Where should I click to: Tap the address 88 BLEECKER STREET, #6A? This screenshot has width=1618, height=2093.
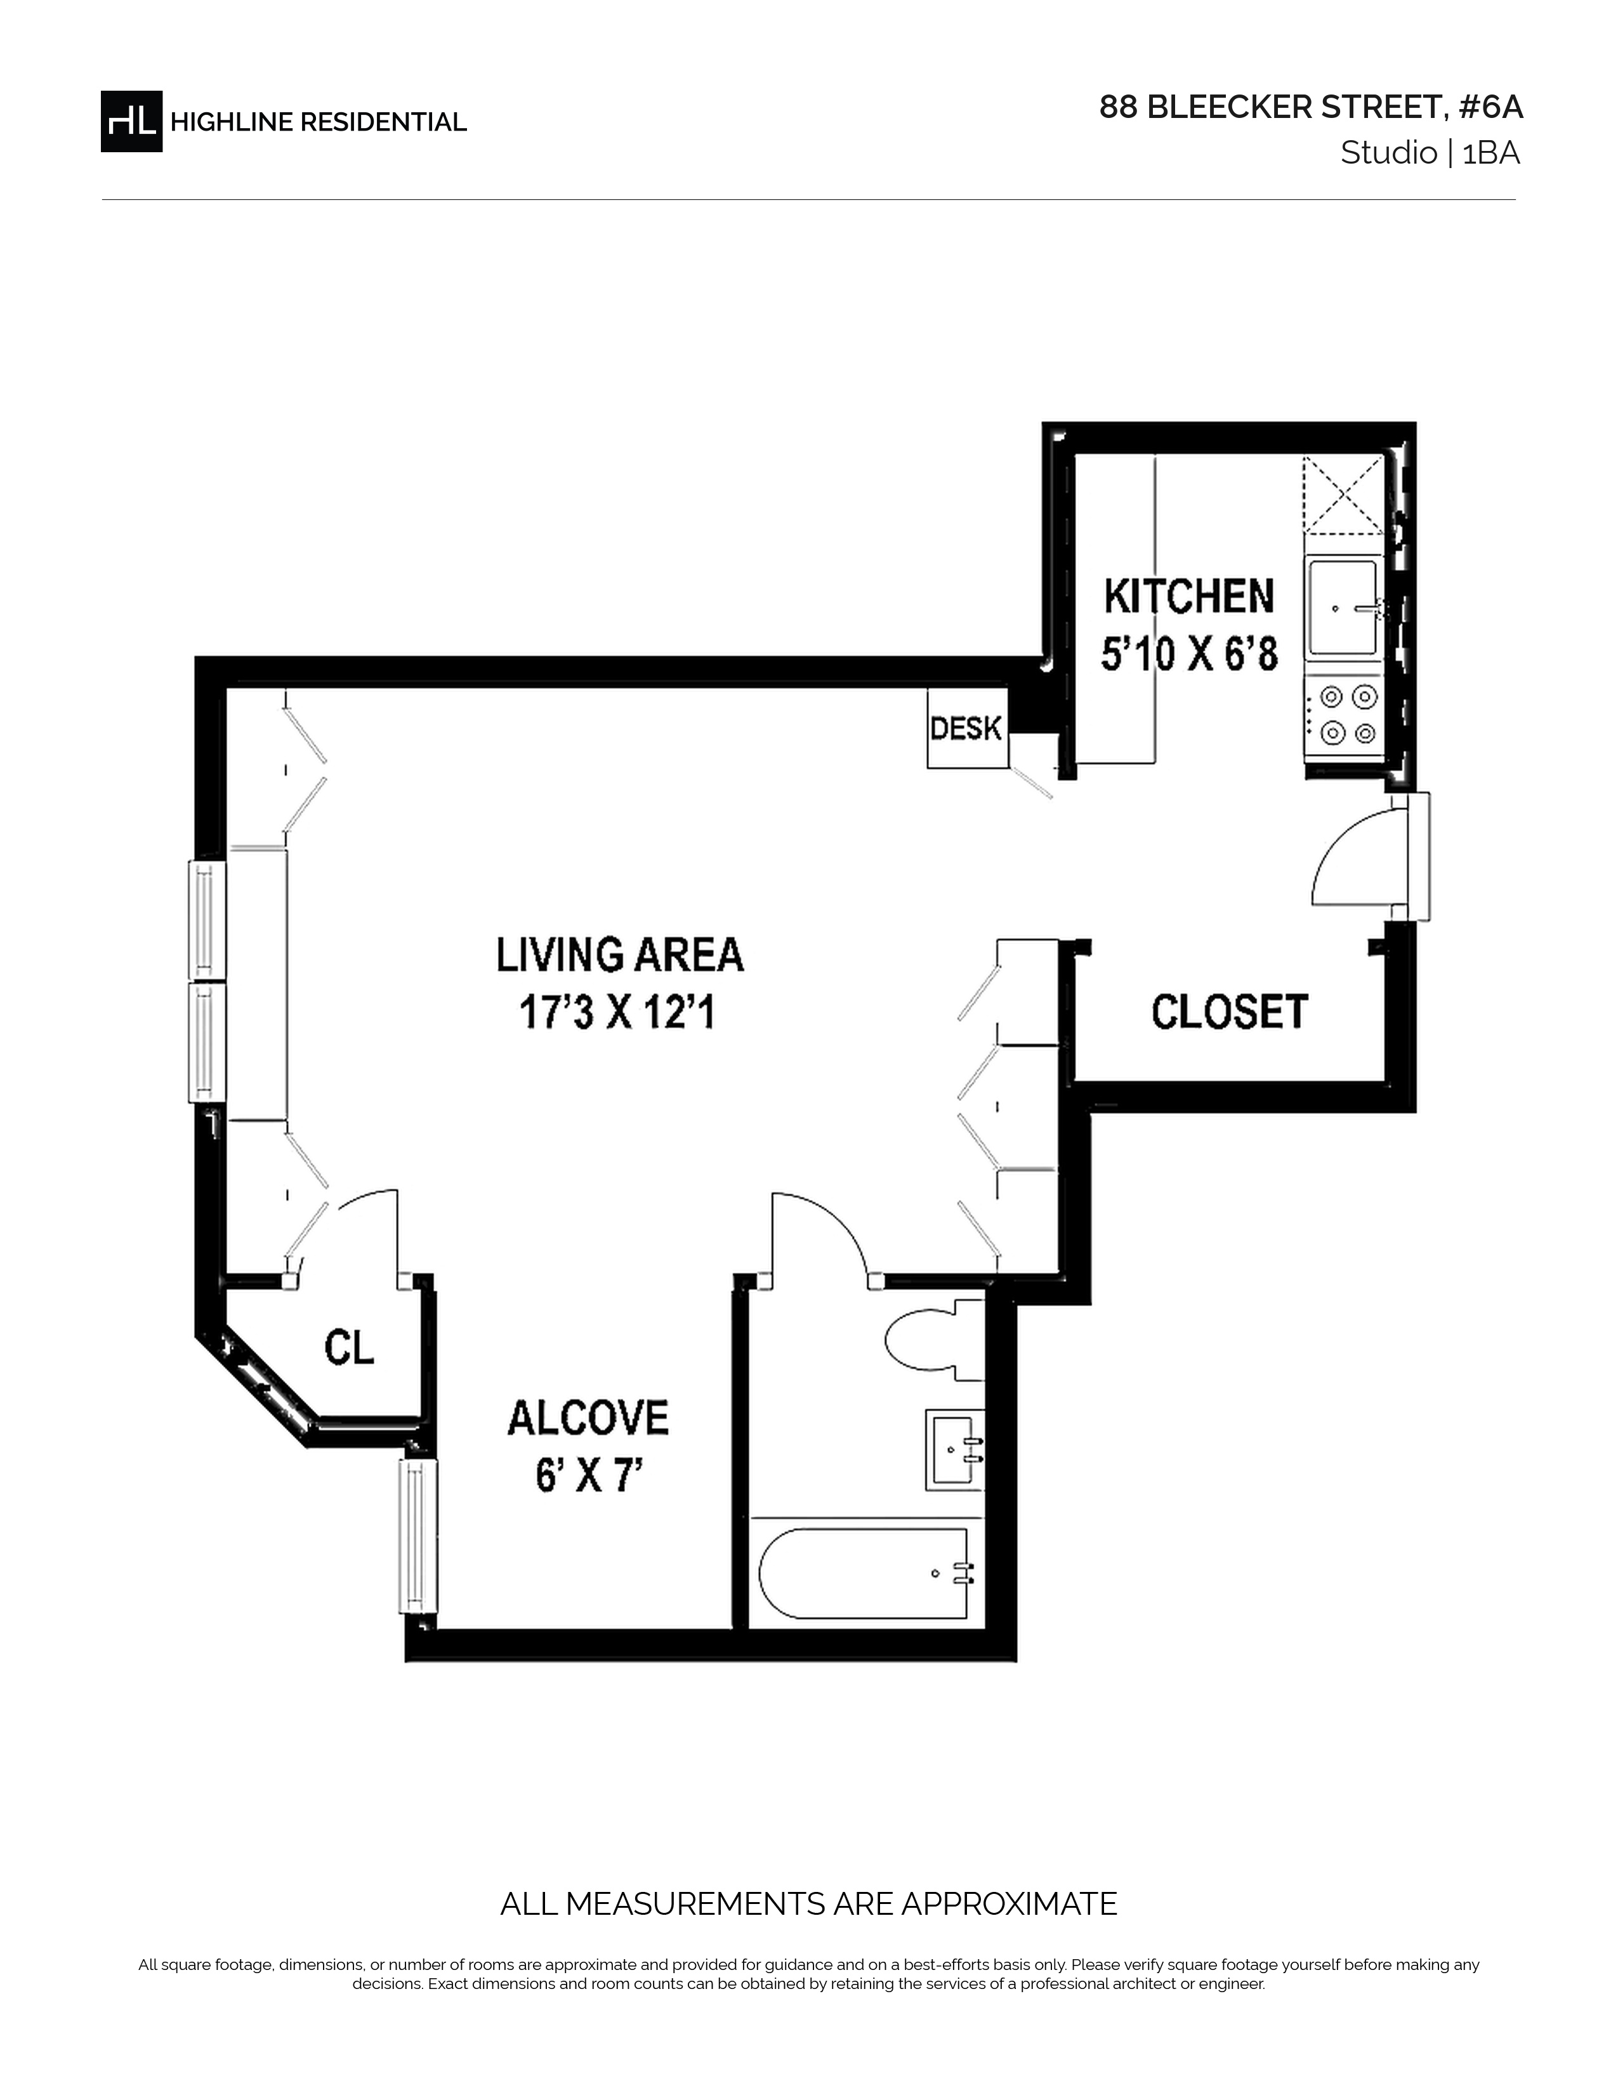coord(1310,107)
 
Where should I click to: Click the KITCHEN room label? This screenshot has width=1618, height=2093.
coord(1188,596)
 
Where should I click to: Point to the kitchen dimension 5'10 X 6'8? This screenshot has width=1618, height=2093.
coord(1188,656)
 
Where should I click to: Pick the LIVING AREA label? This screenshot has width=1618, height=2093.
coord(619,955)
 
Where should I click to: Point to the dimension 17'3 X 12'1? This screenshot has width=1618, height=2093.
coord(617,1012)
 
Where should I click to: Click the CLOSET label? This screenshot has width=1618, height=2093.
coord(1230,1012)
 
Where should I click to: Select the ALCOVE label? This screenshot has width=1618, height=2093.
coord(588,1418)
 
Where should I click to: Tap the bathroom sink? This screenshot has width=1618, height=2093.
coord(955,1449)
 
